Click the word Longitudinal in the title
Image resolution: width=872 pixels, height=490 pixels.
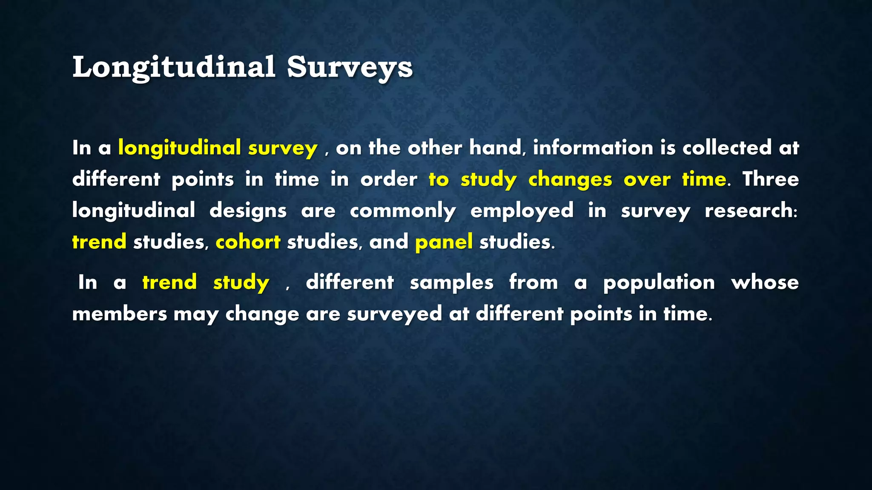tap(174, 67)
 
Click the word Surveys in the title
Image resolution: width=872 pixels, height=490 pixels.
tap(350, 67)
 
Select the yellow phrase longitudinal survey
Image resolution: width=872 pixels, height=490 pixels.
tap(218, 148)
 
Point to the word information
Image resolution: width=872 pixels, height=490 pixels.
tap(593, 148)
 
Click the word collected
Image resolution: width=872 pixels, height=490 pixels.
tap(727, 148)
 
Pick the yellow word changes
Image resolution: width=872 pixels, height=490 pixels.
tap(570, 179)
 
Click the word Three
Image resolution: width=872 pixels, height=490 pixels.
tap(771, 179)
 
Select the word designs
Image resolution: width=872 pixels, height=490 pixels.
tap(248, 211)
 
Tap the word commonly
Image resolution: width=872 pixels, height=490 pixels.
tap(403, 211)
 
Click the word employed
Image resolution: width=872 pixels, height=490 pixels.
tap(522, 211)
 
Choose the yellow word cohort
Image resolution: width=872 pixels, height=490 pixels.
tap(248, 242)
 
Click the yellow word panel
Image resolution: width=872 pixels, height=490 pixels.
tap(444, 242)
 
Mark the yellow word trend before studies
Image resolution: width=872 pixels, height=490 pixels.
tap(99, 242)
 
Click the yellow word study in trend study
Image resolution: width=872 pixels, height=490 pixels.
tap(241, 282)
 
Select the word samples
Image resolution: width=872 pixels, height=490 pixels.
tap(451, 282)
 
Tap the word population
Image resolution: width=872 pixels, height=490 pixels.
tap(659, 282)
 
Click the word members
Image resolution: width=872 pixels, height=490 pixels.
tap(120, 314)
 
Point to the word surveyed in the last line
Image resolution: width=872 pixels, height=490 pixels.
tap(394, 314)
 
